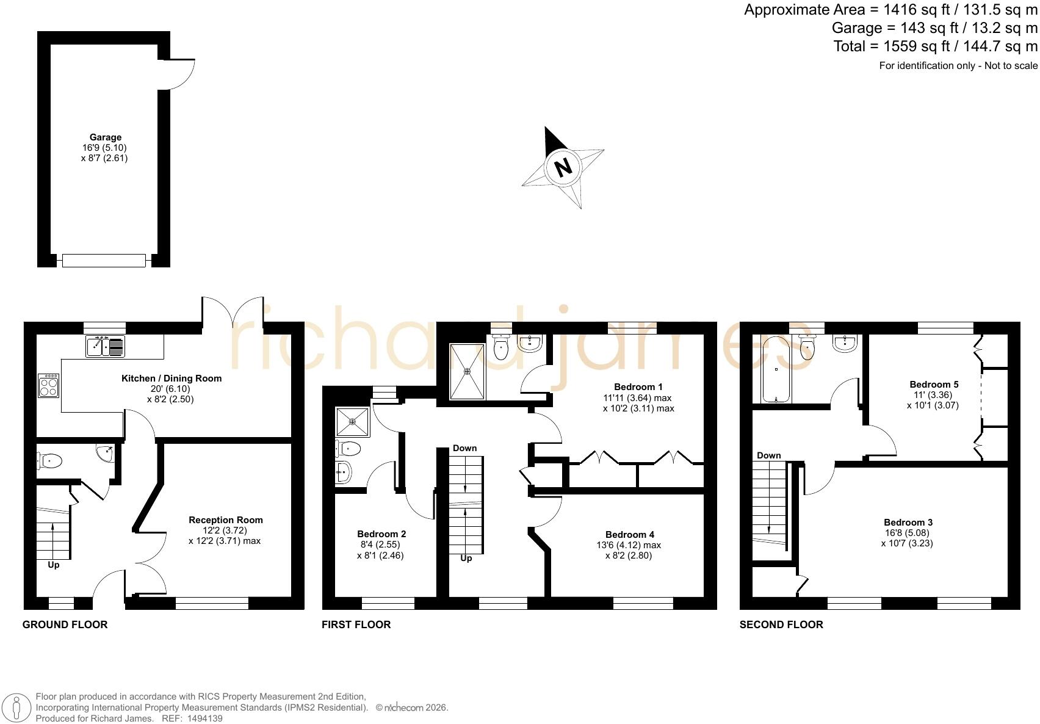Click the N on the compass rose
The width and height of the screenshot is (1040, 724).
tap(563, 167)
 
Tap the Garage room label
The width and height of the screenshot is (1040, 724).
tap(106, 137)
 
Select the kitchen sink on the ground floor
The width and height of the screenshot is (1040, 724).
tap(106, 347)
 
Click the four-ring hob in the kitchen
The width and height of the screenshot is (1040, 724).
tap(48, 385)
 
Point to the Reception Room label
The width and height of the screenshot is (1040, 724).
tap(226, 520)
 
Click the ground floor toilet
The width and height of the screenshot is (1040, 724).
tap(49, 461)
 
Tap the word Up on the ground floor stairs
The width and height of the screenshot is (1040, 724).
tap(53, 565)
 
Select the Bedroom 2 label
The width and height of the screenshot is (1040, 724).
tap(381, 534)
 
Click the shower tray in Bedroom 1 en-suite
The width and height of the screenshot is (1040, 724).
tap(468, 371)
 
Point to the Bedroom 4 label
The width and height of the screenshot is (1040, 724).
tap(630, 535)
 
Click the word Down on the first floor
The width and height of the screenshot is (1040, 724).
tap(464, 448)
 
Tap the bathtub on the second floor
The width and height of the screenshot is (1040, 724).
tap(776, 370)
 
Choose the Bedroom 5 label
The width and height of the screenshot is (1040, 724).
tap(934, 385)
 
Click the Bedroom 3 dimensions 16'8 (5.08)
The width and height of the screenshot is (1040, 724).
tap(907, 533)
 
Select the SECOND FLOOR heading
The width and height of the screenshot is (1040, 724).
tap(781, 624)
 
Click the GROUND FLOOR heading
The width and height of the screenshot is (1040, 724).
tap(65, 624)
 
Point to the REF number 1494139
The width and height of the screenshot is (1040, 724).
tap(204, 719)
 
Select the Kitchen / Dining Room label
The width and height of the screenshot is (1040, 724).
tap(172, 378)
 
